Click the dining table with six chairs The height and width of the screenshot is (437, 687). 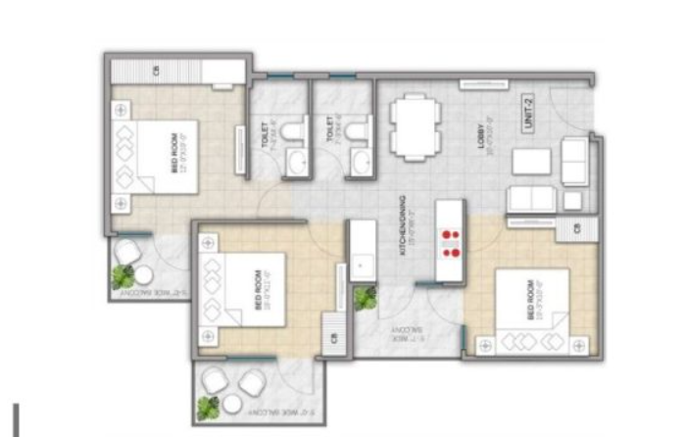[x=413, y=126]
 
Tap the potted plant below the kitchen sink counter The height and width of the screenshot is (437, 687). [x=366, y=298]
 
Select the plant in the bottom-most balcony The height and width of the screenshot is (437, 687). [x=209, y=406]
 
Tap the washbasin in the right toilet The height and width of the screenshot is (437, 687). [x=361, y=161]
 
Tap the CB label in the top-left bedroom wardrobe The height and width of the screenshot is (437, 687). [x=156, y=72]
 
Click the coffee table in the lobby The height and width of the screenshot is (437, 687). [x=530, y=161]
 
